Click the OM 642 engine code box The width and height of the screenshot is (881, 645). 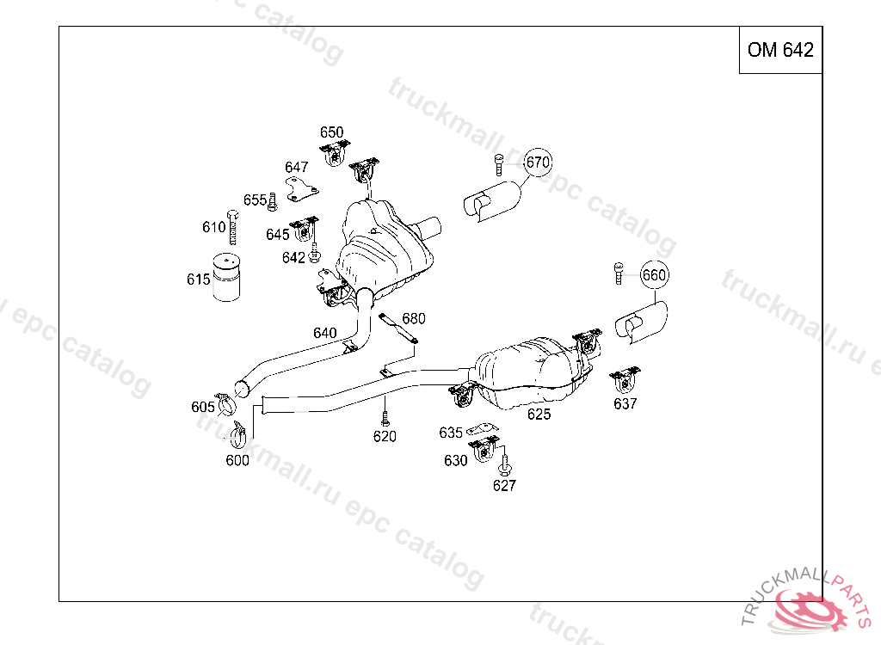(x=780, y=50)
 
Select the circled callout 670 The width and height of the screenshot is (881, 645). (x=538, y=162)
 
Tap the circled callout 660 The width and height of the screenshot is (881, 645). (x=654, y=275)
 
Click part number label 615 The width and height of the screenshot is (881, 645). (x=198, y=279)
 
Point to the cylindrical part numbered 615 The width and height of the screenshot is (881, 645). (x=226, y=277)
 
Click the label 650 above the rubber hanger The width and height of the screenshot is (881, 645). (x=331, y=132)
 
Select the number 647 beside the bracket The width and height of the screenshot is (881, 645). (x=297, y=167)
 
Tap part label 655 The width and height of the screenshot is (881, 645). (x=255, y=200)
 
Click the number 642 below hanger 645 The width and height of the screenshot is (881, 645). (x=293, y=257)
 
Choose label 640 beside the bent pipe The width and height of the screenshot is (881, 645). (x=325, y=333)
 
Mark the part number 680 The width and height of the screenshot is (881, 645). (x=414, y=319)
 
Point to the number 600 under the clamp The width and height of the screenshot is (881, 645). (x=237, y=460)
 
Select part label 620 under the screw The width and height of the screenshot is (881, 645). (x=385, y=437)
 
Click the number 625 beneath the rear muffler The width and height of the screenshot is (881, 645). (x=539, y=415)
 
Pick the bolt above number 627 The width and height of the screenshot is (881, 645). (x=504, y=465)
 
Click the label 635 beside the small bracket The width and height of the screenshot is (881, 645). (x=451, y=433)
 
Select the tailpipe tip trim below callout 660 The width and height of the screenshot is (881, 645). (x=642, y=320)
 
